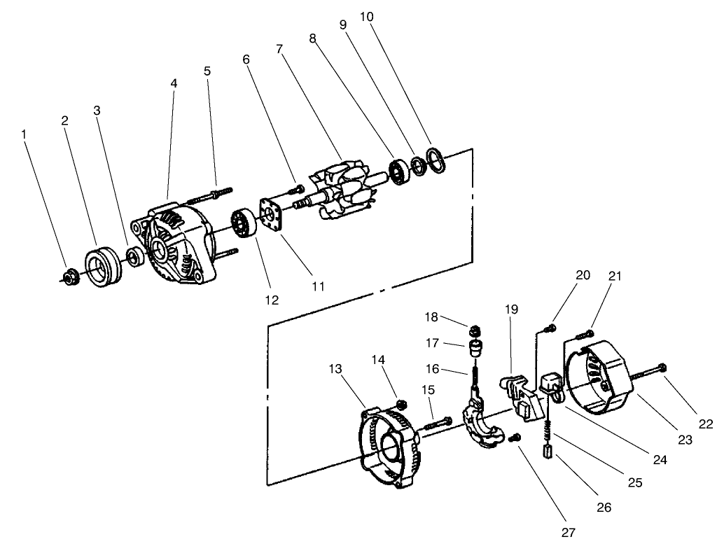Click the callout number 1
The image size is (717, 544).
coord(25,133)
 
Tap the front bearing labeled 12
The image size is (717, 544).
coord(242,224)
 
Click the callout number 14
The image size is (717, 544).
coord(379,360)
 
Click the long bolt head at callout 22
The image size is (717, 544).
coord(662,367)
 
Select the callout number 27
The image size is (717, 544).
coord(568,532)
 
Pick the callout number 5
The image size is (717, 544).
coord(207,71)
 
